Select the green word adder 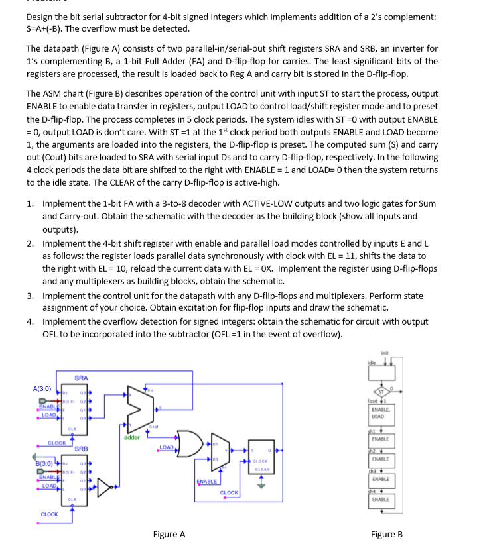(x=132, y=437)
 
